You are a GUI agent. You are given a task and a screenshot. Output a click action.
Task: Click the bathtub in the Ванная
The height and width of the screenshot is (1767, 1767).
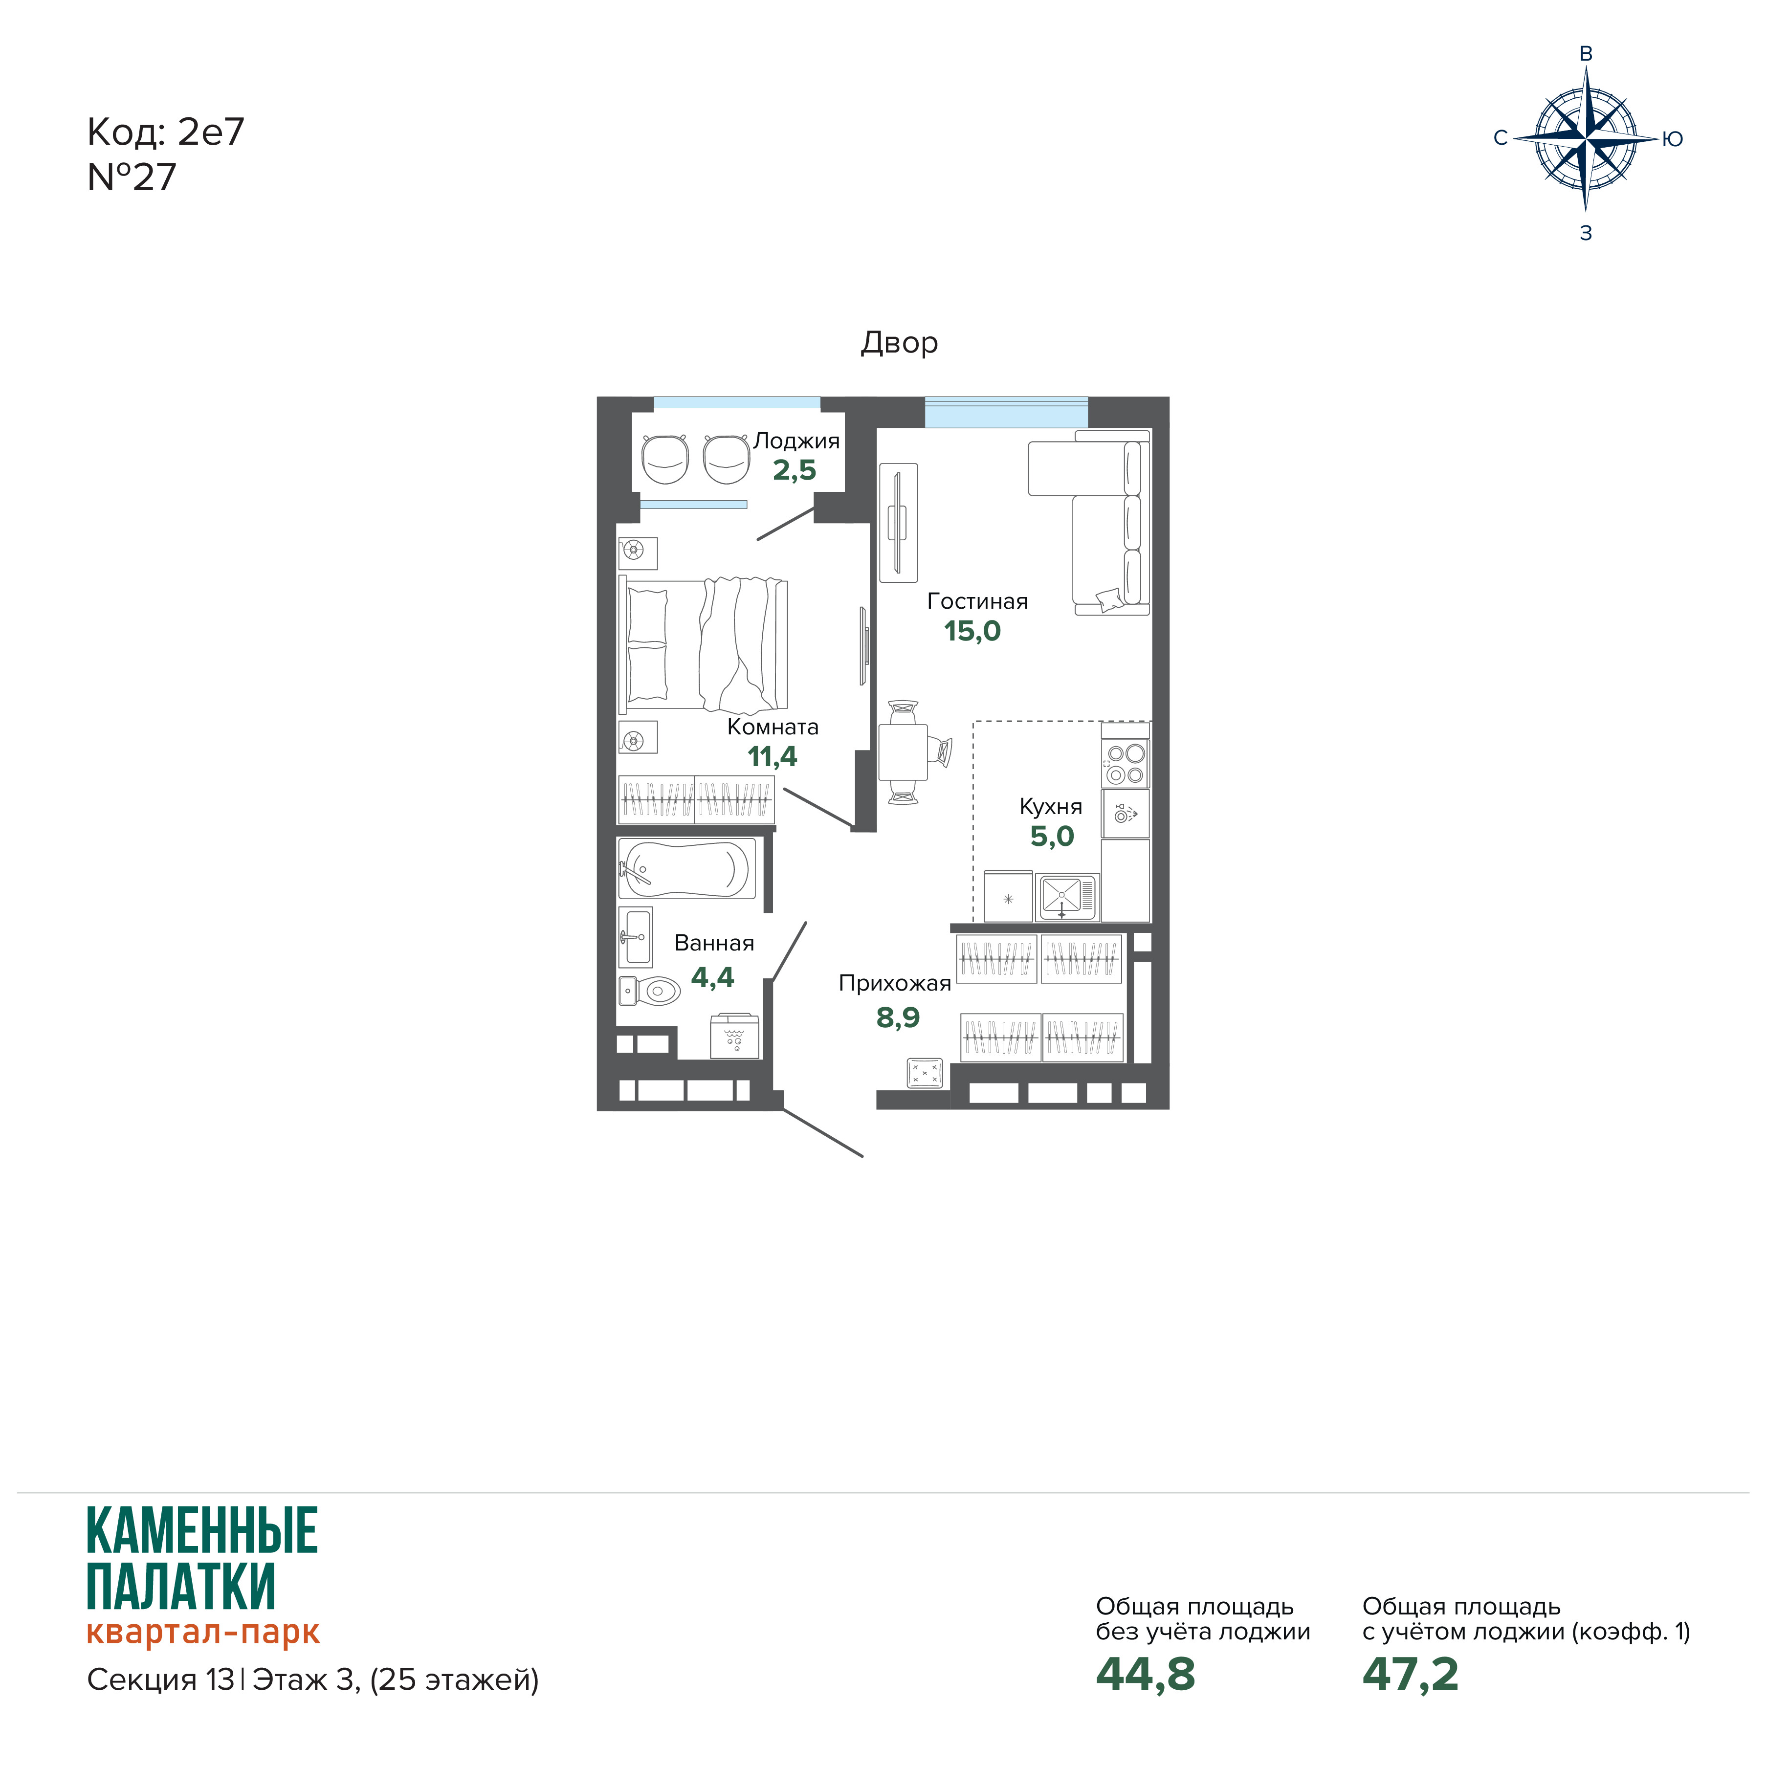687,868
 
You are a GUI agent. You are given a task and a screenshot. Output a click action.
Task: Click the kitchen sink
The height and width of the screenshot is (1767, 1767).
1066,896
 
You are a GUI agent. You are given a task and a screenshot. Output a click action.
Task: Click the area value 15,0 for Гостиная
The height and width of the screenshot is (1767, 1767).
972,631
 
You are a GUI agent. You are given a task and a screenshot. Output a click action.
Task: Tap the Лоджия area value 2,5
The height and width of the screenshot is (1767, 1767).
794,470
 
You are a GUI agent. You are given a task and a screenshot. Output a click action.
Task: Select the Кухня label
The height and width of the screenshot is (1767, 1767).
1051,807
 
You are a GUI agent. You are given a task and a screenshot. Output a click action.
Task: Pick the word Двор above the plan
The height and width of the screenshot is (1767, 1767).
899,343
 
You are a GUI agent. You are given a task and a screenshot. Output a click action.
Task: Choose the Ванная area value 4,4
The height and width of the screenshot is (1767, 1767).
712,978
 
